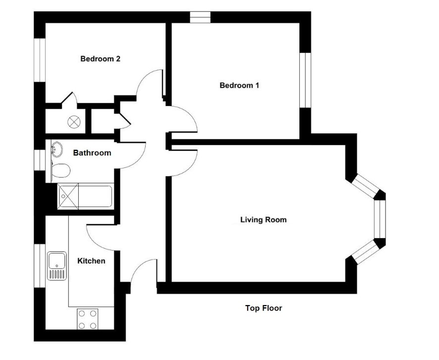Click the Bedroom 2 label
coord(100,59)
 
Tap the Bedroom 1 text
coord(239,85)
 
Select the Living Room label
coord(264,219)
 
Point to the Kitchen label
coord(91,261)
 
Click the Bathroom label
coord(92,153)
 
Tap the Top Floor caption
coord(264,308)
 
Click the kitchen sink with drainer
coord(57,266)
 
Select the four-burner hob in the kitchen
coord(87,318)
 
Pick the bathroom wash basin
coord(57,150)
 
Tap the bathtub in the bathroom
coord(86,196)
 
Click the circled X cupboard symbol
coord(74,122)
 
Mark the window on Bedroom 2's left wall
coord(40,60)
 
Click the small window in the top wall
coord(200,17)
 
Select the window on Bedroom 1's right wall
coord(305,80)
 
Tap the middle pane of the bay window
coord(380,219)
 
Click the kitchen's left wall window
coord(40,266)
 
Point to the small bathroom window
coord(40,160)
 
